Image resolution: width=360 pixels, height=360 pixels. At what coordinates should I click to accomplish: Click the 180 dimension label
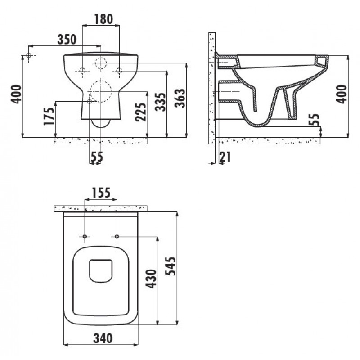click(103, 19)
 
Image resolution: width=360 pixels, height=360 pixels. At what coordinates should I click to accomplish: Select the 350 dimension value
click(67, 39)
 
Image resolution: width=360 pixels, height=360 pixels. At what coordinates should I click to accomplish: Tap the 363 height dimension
click(180, 98)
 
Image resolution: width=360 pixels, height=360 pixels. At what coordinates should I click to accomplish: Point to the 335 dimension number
click(160, 102)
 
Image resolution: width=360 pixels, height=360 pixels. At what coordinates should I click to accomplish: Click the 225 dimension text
click(140, 112)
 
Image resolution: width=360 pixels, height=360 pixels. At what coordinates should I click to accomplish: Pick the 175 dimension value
click(49, 116)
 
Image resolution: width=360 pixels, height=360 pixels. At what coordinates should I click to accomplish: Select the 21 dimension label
click(225, 157)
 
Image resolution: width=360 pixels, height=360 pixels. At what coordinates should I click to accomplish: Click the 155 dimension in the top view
click(101, 193)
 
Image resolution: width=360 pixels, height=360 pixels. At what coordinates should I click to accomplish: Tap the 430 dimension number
click(151, 279)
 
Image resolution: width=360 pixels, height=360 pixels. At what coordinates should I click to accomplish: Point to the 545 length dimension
click(171, 266)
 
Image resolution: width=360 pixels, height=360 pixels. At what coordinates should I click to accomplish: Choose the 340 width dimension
click(103, 338)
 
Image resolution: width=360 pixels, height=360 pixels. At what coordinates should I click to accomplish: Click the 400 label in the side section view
click(342, 94)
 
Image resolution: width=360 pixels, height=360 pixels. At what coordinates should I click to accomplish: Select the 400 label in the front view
click(16, 94)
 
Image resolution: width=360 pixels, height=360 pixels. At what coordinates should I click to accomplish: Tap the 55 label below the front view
click(97, 157)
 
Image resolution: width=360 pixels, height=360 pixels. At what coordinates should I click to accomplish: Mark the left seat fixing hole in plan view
click(85, 237)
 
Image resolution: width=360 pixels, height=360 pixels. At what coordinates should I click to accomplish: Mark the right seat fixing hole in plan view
click(117, 237)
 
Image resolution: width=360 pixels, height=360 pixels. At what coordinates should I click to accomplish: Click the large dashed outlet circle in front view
click(101, 92)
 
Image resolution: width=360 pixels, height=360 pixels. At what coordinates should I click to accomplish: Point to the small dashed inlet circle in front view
click(101, 63)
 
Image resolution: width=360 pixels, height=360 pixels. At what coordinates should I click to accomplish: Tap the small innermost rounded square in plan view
click(101, 271)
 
